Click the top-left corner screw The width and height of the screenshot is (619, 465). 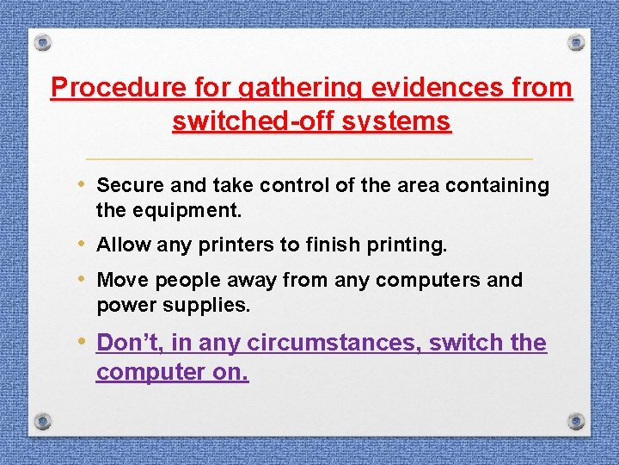43,43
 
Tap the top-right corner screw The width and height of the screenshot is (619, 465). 576,42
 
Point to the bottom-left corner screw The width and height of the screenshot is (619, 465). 43,420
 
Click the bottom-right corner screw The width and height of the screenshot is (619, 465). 576,420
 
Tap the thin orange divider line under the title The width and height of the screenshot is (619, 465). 309,159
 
